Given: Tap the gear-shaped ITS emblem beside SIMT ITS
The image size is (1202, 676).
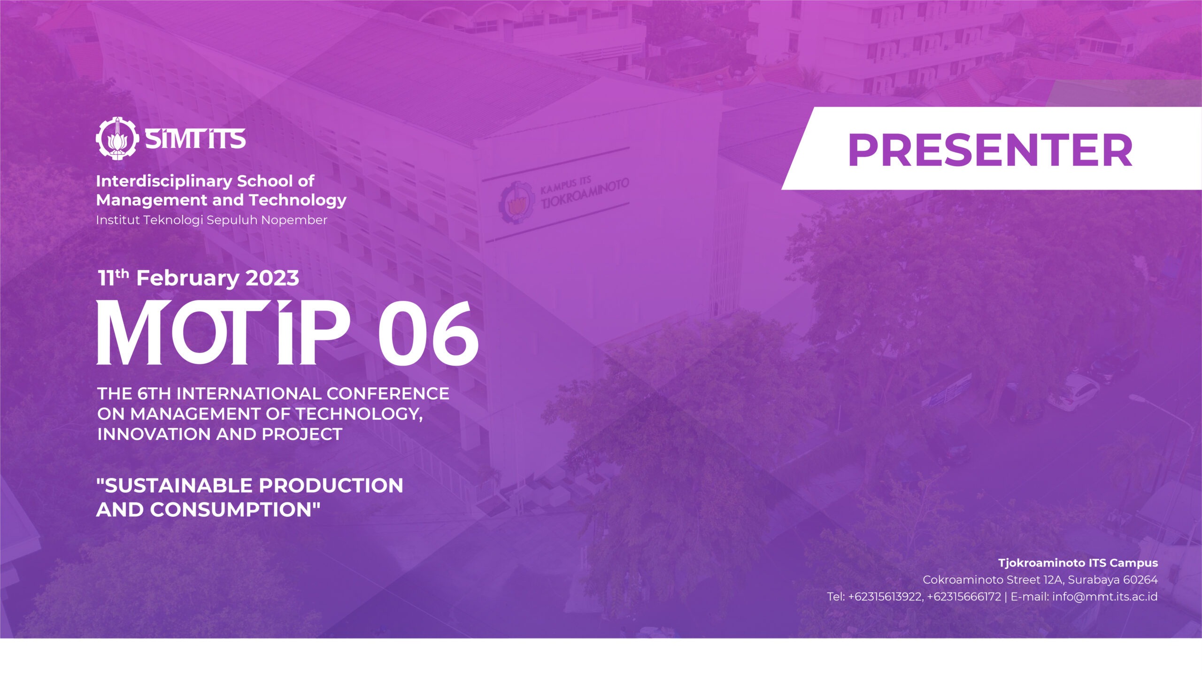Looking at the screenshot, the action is [x=117, y=138].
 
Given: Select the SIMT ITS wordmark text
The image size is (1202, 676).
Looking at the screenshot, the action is [x=195, y=139].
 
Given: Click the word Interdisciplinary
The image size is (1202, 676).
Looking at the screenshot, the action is [x=164, y=181].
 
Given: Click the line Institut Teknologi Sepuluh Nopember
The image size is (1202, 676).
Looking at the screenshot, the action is [x=211, y=220].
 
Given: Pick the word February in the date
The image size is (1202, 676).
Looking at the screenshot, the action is [x=187, y=278].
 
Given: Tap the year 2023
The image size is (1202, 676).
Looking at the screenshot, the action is [x=272, y=278].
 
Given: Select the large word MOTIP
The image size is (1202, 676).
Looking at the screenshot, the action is [x=223, y=332].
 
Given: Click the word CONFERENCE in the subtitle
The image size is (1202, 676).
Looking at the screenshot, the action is [x=388, y=393].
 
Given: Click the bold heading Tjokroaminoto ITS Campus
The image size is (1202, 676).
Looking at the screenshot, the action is [x=1078, y=563].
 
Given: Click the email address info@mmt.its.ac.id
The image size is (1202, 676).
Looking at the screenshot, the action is [x=1105, y=597].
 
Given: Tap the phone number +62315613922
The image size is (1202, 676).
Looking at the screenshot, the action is [x=886, y=597].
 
